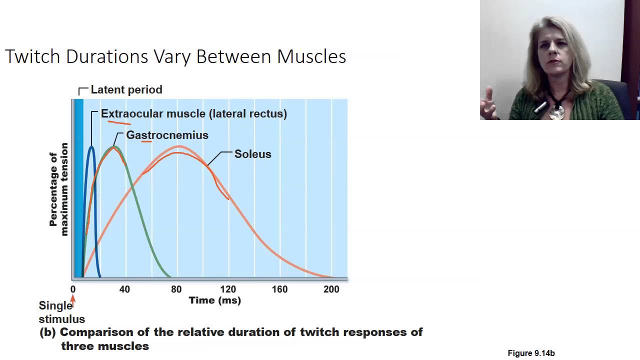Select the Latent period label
[126, 90]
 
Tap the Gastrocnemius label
[167, 135]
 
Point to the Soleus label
[252, 154]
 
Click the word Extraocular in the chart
[132, 114]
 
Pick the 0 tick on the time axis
[73, 289]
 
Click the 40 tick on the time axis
[124, 289]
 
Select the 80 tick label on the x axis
[176, 289]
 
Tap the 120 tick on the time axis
[228, 289]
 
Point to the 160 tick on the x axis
[279, 289]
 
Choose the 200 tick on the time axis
[331, 289]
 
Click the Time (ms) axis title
[214, 300]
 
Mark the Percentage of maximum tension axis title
[58, 189]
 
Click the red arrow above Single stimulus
[73, 299]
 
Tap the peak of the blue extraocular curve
[91, 146]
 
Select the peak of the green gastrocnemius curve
[114, 147]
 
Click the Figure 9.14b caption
[531, 353]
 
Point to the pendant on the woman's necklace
[556, 112]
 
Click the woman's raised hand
[488, 102]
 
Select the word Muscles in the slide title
[311, 56]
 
